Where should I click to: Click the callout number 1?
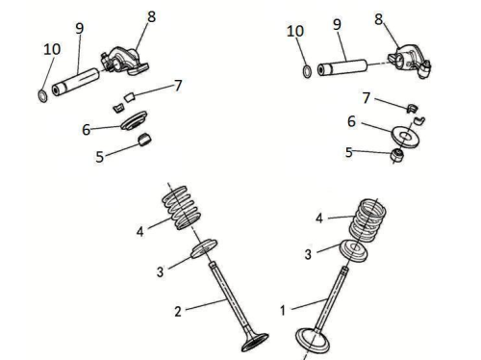[283, 310]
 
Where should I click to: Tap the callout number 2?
[178, 311]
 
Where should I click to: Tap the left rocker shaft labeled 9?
[76, 82]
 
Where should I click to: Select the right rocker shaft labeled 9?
[342, 67]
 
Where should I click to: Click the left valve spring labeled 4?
[182, 208]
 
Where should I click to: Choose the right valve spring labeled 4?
[367, 221]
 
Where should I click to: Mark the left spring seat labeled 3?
[204, 248]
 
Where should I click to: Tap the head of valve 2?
[255, 342]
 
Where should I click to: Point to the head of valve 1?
[312, 341]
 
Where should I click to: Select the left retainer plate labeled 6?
[134, 120]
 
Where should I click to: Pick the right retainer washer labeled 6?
[405, 137]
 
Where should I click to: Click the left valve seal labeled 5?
[144, 140]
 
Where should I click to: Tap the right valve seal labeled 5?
[397, 156]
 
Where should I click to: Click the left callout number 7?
[178, 86]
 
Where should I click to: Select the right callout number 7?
[367, 98]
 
